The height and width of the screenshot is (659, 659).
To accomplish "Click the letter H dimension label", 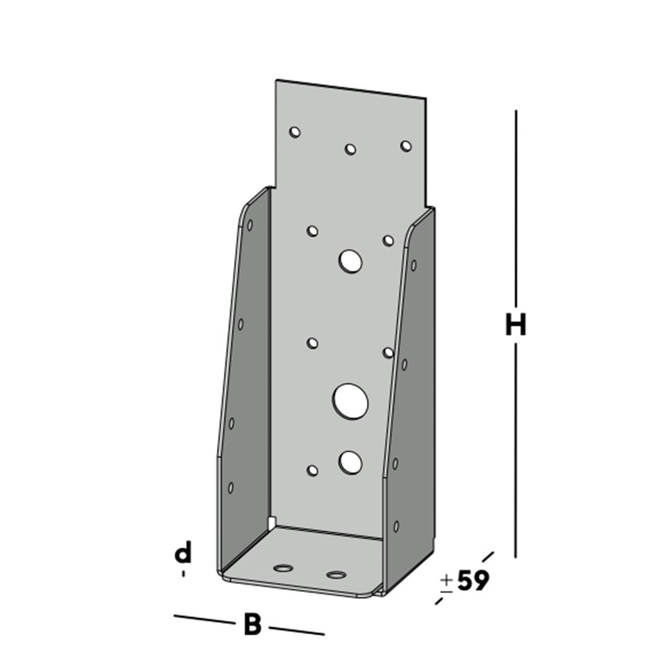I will point(515,325).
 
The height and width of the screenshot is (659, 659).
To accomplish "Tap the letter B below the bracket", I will point(252,624).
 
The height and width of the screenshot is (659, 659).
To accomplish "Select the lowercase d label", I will point(183,554).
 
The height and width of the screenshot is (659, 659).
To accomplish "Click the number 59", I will point(473,581).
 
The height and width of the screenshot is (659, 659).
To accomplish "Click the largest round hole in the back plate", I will point(350,401).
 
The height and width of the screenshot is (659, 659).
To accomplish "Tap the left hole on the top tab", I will point(295,132).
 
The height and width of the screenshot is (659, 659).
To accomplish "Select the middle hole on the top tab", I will point(351,149).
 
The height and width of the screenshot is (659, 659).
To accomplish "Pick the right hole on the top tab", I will point(406,146).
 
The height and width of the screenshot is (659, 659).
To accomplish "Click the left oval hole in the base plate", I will point(285,567).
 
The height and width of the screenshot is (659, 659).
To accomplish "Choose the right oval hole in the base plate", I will point(336,575).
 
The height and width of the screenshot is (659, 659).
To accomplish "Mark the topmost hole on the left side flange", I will point(250,225).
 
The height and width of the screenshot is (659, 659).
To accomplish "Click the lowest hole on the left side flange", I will point(231,488).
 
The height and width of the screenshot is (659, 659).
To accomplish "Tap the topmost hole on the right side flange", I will point(413,266).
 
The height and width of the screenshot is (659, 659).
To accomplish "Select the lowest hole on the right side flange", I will point(396,526).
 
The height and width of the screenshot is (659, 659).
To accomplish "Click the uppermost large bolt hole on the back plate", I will point(351,261).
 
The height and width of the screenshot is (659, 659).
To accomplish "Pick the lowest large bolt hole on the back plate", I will point(351,463).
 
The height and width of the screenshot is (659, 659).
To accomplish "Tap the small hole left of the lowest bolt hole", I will point(313,471).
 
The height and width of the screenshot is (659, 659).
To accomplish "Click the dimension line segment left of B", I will point(203,619).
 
